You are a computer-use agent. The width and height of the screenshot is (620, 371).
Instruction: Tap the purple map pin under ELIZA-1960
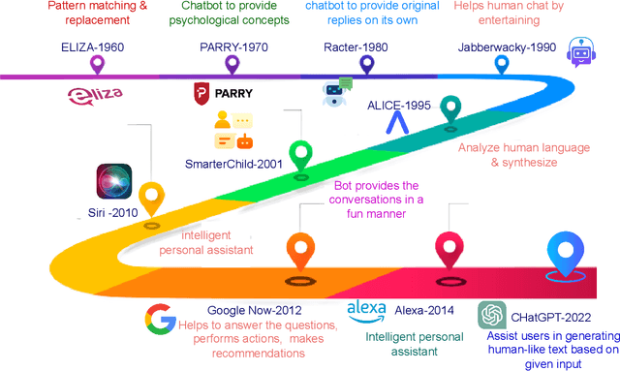pyautogui.click(x=97, y=65)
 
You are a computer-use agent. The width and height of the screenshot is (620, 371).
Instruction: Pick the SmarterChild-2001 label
pyautogui.click(x=233, y=164)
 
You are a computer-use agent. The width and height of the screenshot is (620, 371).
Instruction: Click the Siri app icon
pyautogui.click(x=114, y=182)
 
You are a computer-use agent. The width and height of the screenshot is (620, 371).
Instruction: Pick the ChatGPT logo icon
pyautogui.click(x=493, y=316)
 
